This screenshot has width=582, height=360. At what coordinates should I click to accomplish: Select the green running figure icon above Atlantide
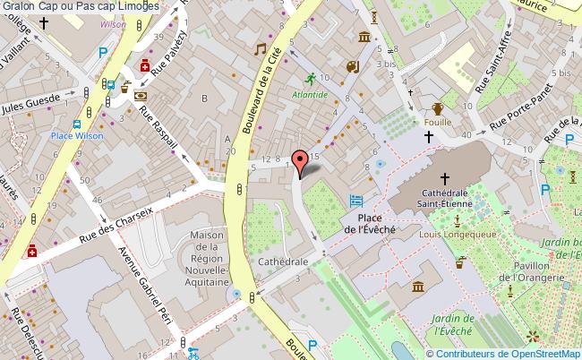310,78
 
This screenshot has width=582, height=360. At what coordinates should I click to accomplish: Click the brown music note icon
261,49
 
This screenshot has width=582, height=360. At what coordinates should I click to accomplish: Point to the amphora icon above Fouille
437,109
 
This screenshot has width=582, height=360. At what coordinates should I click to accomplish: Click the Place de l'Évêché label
377,223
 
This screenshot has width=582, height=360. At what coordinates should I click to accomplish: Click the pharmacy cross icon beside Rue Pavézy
145,64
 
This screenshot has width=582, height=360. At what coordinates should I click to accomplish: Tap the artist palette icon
352,66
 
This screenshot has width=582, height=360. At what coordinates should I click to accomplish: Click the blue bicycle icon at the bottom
192,352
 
